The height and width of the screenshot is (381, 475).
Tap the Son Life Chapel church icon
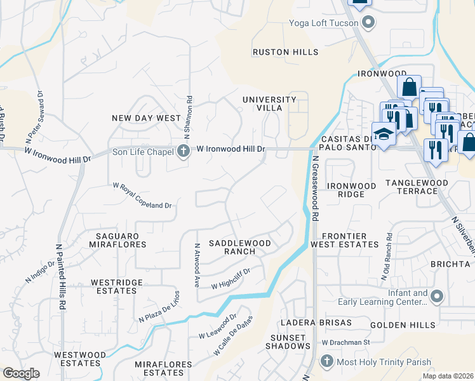point(184,150)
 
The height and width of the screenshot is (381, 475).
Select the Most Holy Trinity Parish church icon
point(326,361)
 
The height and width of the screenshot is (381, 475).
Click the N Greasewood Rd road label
point(316,188)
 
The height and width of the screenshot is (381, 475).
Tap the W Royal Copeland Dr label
point(143,196)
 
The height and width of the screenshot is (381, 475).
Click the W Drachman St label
point(345,342)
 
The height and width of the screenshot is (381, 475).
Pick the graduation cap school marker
point(384,134)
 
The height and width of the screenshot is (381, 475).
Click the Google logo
point(22,373)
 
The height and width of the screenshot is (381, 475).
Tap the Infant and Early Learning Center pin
point(436,296)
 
